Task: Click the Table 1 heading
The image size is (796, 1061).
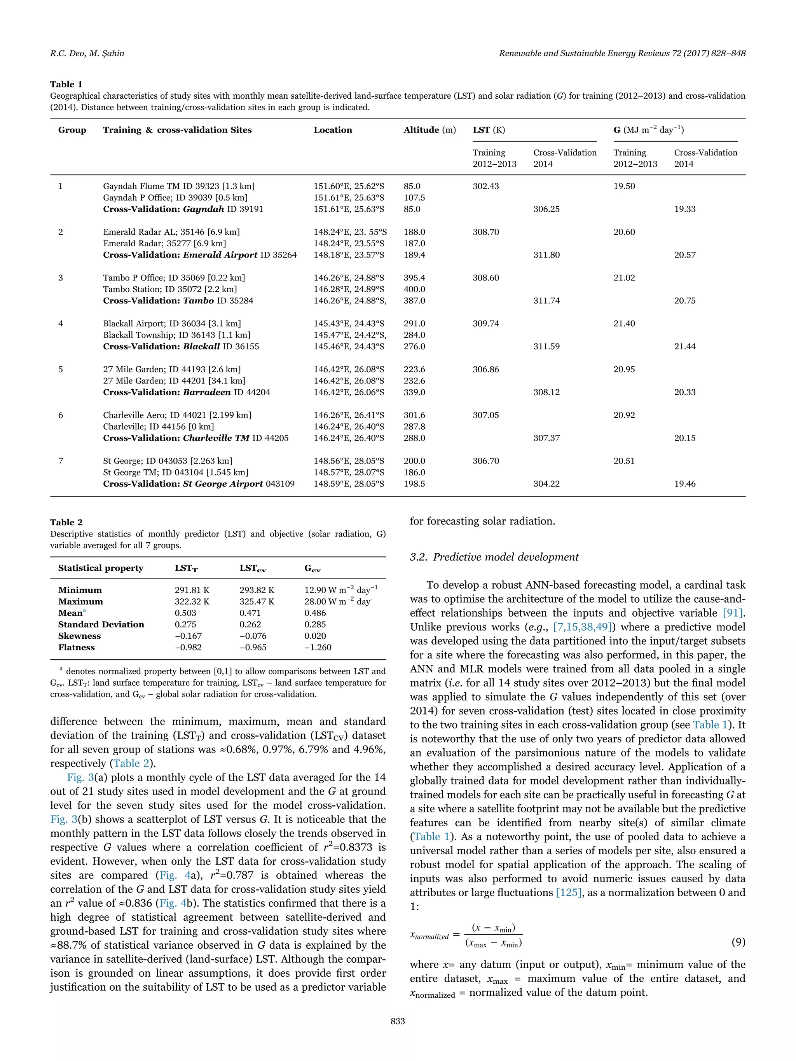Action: pos(66,84)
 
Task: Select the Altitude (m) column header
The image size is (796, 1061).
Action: pos(429,130)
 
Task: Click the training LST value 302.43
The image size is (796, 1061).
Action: pos(485,186)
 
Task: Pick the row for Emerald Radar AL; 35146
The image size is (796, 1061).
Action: pos(171,232)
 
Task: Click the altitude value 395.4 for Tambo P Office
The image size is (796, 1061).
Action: pos(414,278)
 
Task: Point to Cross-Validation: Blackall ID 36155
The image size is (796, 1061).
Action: pos(181,346)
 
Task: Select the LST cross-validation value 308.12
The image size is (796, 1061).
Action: pos(546,392)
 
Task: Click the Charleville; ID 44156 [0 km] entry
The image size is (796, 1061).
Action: pos(158,427)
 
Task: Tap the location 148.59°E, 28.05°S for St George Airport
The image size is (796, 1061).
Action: pos(349,484)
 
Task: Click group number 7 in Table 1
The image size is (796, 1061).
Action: pos(61,461)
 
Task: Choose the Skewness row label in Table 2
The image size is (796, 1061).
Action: pos(80,636)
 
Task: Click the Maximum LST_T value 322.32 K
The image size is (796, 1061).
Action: pos(192,601)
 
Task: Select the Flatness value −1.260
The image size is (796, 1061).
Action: pos(318,648)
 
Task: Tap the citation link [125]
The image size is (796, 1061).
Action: pos(569,893)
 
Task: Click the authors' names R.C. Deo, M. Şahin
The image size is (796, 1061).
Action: pos(87,53)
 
